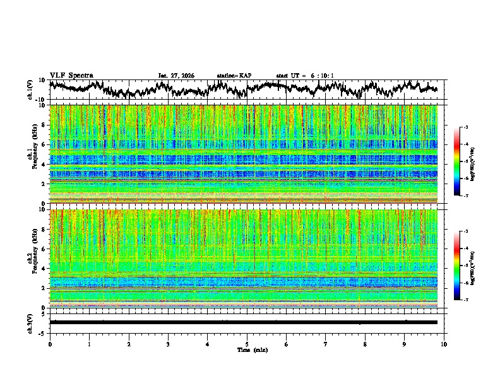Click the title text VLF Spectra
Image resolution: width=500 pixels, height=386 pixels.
click(71, 75)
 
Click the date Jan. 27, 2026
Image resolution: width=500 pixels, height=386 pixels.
click(176, 76)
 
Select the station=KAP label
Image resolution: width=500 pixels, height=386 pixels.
click(234, 76)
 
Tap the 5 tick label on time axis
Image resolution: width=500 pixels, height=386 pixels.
click(247, 344)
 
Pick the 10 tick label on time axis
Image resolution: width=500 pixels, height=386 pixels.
click(444, 344)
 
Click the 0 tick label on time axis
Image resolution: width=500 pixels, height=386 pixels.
click(50, 344)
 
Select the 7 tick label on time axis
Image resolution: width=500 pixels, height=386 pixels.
click(326, 344)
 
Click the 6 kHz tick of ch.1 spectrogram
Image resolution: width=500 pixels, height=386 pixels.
click(44, 144)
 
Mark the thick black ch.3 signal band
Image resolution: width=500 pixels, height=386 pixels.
click(246, 322)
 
